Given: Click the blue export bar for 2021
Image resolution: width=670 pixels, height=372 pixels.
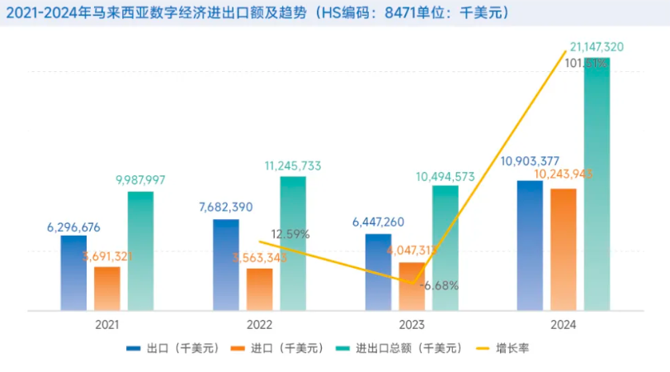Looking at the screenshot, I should pos(73,273).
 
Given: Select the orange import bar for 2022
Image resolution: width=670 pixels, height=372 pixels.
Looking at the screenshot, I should pos(260,289).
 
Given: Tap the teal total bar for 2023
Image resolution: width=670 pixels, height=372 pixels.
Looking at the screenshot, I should pos(445,248).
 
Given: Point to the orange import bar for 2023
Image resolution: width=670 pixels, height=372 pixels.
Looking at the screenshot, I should pos(412,286).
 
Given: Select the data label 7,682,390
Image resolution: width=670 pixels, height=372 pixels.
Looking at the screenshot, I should pos(226,207).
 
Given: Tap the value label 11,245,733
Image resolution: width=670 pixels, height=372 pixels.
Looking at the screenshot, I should pos(293,165).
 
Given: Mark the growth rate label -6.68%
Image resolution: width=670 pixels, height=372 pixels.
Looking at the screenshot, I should pos(440,286).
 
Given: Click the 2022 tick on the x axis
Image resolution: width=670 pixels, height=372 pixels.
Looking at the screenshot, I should pos(259,326).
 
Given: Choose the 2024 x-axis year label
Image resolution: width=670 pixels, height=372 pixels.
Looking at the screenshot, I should pos(564,326).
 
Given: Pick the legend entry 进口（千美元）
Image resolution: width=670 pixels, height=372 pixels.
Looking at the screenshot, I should pos(289,348).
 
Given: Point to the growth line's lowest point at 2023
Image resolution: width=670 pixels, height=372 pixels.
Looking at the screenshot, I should pos(412,283).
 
